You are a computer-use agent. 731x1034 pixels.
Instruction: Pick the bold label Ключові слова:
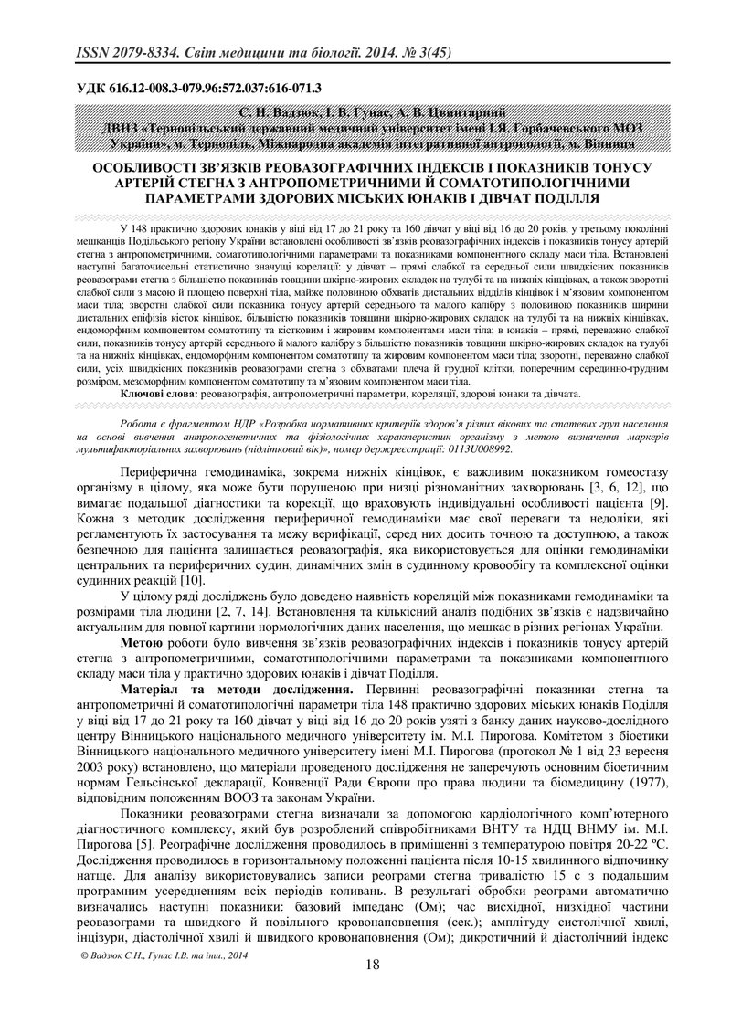point(158,394)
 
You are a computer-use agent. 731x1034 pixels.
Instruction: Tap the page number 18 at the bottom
point(372,965)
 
